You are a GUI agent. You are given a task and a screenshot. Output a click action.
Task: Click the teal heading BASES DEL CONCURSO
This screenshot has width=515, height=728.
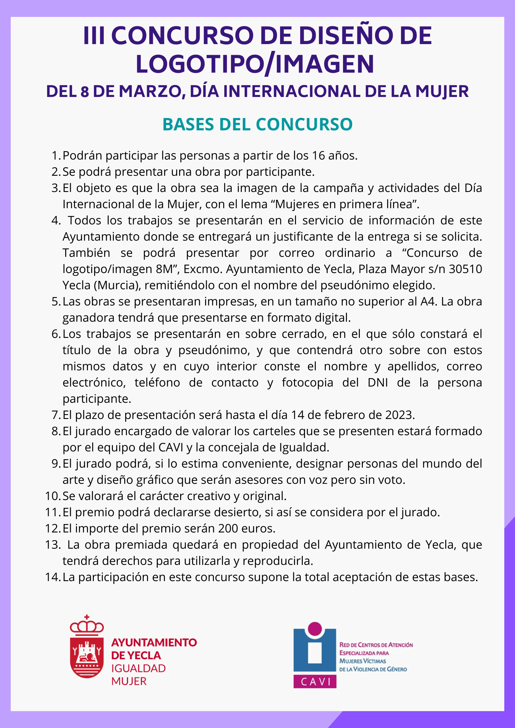pyautogui.click(x=257, y=124)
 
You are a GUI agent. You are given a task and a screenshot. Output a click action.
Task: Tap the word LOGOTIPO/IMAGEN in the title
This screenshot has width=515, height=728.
pyautogui.click(x=255, y=64)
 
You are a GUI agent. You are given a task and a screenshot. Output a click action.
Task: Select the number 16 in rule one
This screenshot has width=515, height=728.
pyautogui.click(x=318, y=156)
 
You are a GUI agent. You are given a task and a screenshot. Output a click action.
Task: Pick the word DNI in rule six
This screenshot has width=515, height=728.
pyautogui.click(x=378, y=383)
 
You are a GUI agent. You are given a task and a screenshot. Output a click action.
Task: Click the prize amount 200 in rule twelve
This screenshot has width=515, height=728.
pyautogui.click(x=228, y=529)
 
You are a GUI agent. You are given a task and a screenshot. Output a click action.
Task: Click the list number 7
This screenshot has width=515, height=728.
pyautogui.click(x=55, y=415)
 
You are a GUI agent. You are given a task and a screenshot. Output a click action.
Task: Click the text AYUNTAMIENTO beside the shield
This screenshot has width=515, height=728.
pyautogui.click(x=154, y=642)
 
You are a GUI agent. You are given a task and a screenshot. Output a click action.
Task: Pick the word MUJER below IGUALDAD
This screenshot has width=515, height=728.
pyautogui.click(x=129, y=681)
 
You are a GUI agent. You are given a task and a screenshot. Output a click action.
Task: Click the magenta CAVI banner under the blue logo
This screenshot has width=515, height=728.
pyautogui.click(x=315, y=681)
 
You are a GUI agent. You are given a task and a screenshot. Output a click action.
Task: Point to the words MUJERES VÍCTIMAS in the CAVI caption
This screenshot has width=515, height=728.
pyautogui.click(x=362, y=661)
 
